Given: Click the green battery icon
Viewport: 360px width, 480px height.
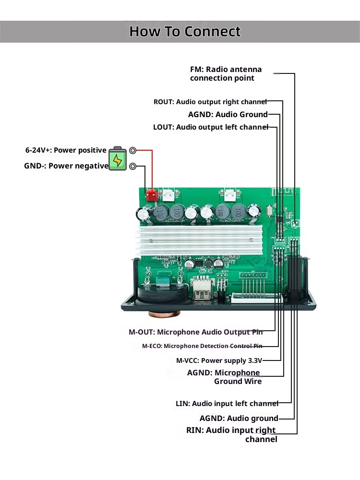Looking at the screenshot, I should click(118, 158).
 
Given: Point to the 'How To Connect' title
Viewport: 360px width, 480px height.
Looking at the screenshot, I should click(185, 32).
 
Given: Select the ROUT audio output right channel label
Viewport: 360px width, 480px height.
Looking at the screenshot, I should click(210, 102).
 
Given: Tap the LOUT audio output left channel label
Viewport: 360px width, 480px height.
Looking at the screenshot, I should click(210, 127).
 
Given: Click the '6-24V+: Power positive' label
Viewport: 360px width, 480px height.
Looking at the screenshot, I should click(66, 150).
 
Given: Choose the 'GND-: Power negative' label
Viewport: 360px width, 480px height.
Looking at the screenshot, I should click(66, 166).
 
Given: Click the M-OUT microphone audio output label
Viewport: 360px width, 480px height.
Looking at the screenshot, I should click(196, 332).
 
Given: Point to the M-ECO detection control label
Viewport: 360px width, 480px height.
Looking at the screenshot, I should click(202, 346).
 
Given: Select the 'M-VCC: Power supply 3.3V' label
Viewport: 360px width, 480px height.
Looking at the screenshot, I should click(219, 360).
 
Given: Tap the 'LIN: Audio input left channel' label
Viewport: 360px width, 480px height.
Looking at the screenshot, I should click(227, 404).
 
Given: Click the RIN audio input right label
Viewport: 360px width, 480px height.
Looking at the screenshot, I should click(232, 434).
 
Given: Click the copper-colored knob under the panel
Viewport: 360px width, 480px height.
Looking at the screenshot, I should click(163, 314).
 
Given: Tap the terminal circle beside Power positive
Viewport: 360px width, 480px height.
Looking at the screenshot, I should click(133, 150).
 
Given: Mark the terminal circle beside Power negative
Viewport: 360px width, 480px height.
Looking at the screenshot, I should click(133, 166).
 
